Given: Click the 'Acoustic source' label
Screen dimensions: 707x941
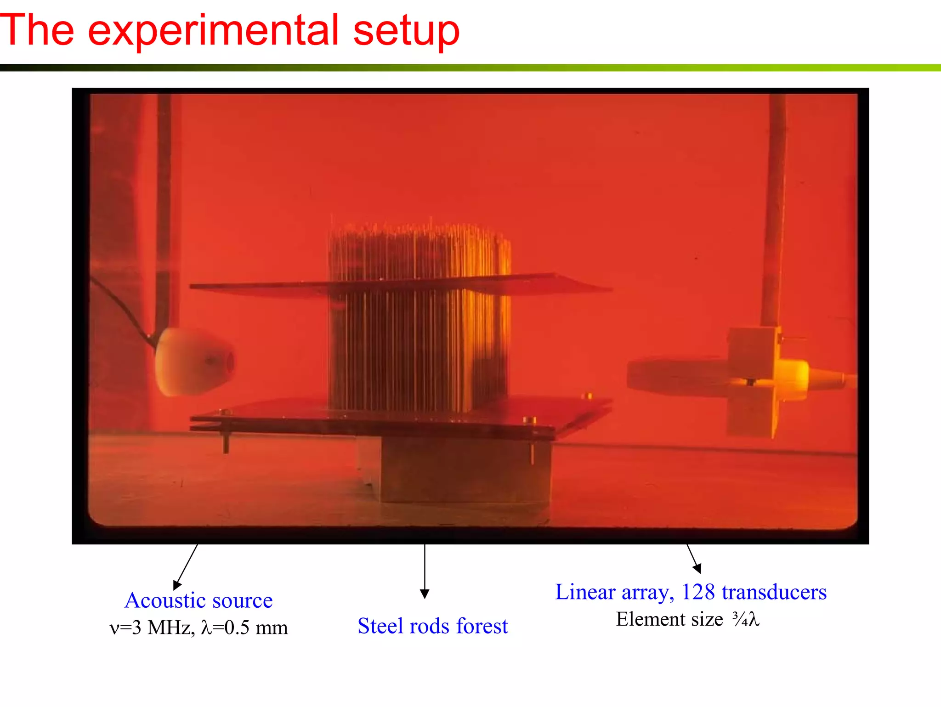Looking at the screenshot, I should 198,600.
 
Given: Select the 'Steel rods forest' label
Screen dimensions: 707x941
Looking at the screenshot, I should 432,626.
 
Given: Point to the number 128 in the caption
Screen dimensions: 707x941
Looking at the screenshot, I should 698,592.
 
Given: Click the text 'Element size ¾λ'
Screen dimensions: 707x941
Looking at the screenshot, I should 687,619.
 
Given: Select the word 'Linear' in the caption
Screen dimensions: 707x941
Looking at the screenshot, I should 585,592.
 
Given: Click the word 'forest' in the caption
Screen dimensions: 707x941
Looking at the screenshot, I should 482,626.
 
